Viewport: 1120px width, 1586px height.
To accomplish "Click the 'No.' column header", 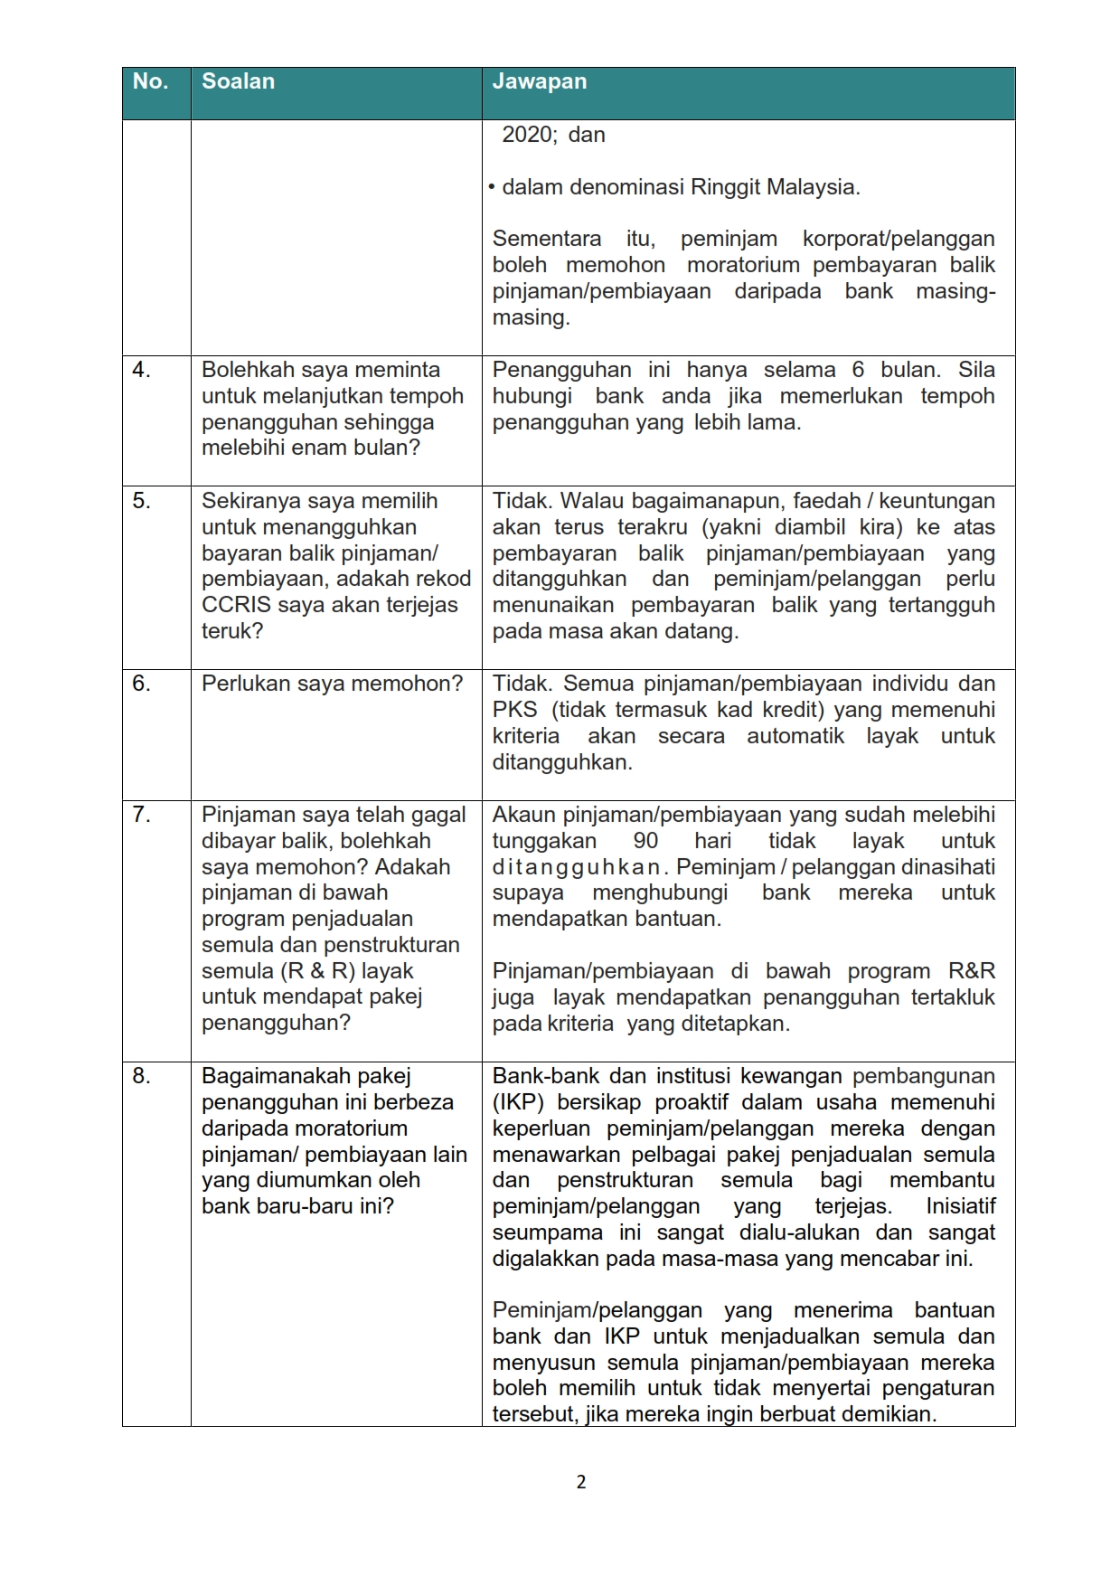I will [150, 81].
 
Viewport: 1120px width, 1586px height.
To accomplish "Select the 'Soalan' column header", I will [238, 81].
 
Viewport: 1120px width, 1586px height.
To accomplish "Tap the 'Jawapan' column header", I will [539, 81].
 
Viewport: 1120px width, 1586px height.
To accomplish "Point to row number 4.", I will [141, 370].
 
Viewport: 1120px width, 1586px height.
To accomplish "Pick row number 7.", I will [141, 815].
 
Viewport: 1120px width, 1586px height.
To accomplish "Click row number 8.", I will [141, 1076].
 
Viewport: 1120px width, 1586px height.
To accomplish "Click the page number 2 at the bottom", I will [580, 1482].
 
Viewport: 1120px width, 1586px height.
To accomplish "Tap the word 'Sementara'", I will [546, 239].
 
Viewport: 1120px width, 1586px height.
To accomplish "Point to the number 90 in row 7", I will [645, 841].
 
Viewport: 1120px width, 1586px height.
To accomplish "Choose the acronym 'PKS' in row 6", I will [514, 710].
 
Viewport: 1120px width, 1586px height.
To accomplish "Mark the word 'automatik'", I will [795, 736].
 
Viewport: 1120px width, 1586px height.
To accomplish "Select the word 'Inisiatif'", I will [960, 1206].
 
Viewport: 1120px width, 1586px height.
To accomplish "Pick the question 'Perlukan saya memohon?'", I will [332, 684].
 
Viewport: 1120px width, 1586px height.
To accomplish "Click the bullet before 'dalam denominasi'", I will [492, 188].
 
